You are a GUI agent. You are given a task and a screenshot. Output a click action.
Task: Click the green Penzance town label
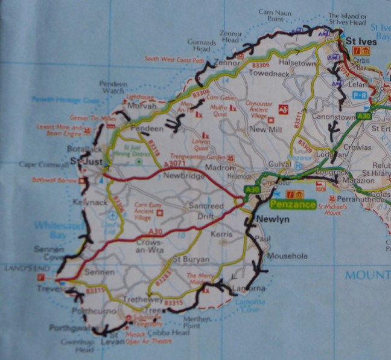(x=293, y=205)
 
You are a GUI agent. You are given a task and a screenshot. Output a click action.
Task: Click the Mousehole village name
(x=288, y=256)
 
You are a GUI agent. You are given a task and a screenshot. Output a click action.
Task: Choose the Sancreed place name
(x=202, y=205)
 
